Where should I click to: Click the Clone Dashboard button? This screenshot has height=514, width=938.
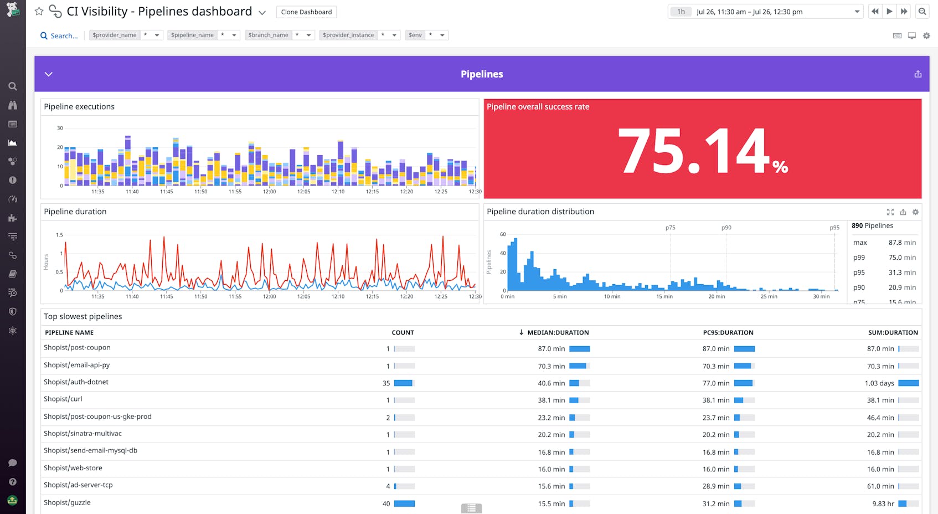[306, 12]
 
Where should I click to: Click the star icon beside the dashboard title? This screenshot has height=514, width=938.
[39, 11]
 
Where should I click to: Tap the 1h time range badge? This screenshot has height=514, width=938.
[681, 12]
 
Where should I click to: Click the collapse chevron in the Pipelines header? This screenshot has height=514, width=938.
[49, 74]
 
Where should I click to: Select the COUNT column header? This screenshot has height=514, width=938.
[403, 333]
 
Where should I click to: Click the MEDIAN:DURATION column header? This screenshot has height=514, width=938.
[558, 333]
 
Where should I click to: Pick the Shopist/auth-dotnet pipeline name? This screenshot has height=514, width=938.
[76, 382]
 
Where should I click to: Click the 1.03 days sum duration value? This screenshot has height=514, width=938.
[879, 383]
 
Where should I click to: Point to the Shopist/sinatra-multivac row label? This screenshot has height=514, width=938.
[83, 434]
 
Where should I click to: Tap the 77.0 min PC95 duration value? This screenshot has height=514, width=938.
[716, 383]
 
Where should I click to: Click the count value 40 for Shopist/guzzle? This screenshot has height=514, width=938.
[386, 504]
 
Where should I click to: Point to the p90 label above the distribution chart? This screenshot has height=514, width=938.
[726, 228]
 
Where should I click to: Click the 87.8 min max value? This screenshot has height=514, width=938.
[902, 243]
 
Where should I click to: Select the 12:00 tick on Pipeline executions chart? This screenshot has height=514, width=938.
[269, 192]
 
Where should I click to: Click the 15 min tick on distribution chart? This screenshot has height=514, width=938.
[664, 297]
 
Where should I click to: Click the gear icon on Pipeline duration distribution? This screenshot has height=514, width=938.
[915, 212]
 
